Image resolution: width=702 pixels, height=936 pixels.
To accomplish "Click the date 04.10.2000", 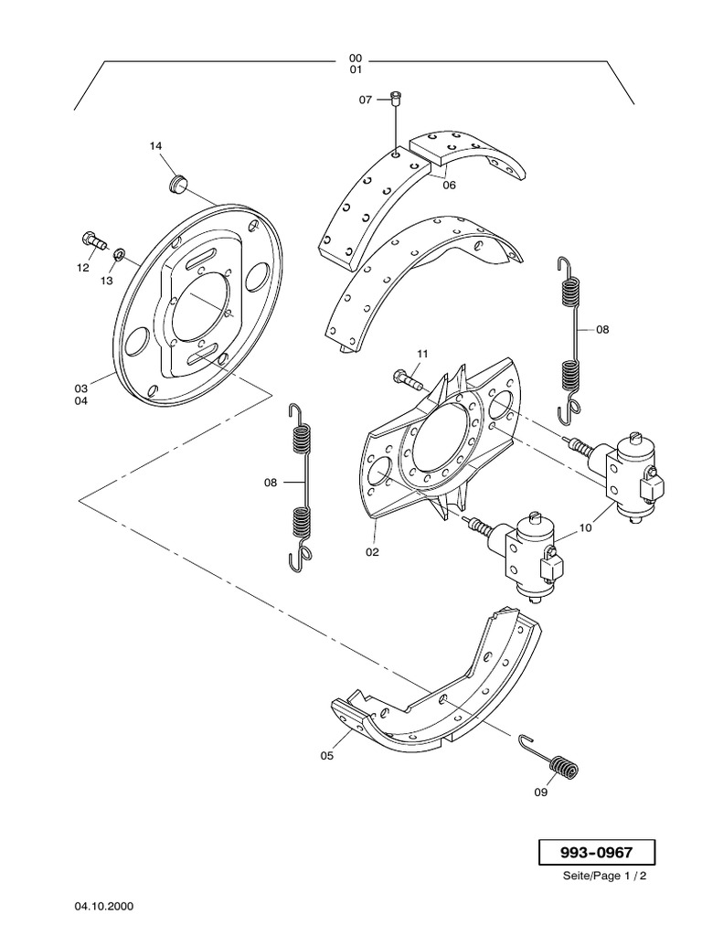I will (104, 907).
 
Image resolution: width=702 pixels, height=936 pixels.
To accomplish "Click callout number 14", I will (155, 146).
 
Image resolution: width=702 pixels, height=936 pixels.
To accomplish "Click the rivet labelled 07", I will (396, 99).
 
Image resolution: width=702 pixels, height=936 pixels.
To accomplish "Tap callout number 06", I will (449, 185).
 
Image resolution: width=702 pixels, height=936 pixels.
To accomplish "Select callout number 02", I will (373, 552).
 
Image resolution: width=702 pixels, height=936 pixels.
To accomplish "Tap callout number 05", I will (327, 756).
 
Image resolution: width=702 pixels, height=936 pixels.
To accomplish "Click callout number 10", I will (585, 527).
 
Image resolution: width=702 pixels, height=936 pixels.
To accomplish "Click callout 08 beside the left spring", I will (270, 482).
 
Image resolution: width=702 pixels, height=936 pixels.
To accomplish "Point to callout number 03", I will (81, 388).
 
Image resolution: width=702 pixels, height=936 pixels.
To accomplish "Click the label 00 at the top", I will (355, 58).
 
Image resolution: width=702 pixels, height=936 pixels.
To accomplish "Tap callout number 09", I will (541, 792).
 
